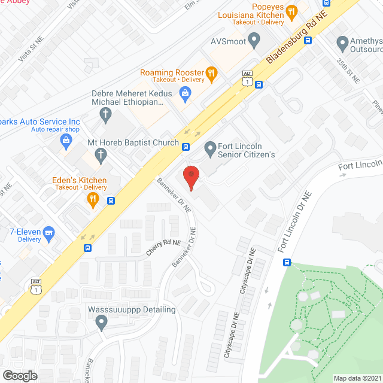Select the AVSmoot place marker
[253, 41]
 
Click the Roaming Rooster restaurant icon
[211, 73]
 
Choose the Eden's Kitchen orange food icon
[92, 200]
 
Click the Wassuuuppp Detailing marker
[101, 324]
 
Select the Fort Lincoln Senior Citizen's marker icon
[210, 147]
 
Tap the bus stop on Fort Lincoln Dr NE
[287, 262]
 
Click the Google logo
[20, 375]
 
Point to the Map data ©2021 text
[357, 378]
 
